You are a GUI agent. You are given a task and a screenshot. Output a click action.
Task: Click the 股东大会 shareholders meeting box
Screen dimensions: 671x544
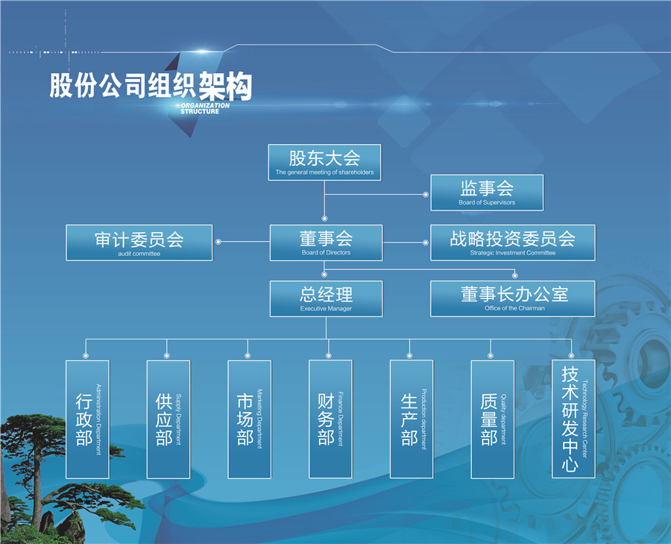point(324,163)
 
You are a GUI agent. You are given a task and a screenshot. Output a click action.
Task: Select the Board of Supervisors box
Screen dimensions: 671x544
point(487,193)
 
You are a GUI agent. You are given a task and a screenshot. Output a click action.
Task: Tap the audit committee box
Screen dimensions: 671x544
point(139,243)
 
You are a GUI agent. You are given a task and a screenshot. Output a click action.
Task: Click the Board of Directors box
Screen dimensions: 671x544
point(326,243)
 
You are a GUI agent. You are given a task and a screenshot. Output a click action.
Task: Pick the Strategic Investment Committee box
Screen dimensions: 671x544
point(513,243)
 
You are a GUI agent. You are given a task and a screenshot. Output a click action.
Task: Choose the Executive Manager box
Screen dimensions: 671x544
point(326,298)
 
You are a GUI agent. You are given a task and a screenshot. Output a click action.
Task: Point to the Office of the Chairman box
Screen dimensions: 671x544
point(513,298)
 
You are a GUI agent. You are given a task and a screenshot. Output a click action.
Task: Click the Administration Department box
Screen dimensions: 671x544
point(87,419)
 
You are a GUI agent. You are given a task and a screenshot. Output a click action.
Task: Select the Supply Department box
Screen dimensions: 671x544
point(168,419)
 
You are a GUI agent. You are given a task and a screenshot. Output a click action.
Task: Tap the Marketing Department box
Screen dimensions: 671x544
point(250,419)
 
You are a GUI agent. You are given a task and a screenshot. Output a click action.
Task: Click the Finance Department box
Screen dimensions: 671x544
point(330,419)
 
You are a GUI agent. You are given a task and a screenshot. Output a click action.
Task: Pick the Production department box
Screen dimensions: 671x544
point(412,419)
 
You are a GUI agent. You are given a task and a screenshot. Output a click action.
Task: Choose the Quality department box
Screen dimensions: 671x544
point(493,419)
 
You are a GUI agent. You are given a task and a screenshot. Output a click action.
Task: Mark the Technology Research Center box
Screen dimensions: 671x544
point(573,419)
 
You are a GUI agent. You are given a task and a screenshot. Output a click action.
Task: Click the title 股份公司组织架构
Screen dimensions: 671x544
point(151,86)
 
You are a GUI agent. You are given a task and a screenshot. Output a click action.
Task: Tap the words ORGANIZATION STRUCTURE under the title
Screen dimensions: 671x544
point(204,108)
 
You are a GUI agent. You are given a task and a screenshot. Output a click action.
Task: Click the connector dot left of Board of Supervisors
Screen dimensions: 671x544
point(426,195)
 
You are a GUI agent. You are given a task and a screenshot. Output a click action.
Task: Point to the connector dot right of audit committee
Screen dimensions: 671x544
point(218,242)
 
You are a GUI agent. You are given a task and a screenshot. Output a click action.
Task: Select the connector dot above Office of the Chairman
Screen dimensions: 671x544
point(514,275)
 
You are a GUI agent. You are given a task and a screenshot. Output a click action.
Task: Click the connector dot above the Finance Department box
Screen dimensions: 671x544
point(329,355)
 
